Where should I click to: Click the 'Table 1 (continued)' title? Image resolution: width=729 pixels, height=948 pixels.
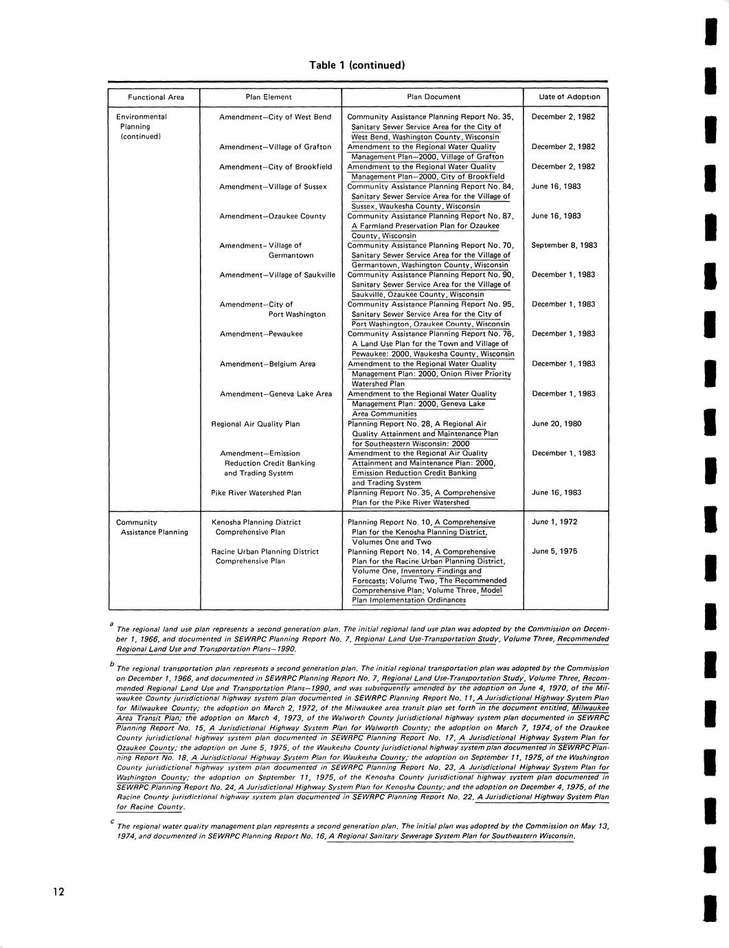(x=357, y=65)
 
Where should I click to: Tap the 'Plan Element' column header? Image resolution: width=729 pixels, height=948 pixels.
(x=269, y=97)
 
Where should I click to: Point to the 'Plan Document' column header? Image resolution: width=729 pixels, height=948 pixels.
(x=434, y=97)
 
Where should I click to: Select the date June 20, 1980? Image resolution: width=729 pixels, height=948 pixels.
(x=557, y=424)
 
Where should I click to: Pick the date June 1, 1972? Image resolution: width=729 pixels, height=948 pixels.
(x=554, y=522)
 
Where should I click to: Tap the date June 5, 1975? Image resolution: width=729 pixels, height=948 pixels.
(x=554, y=552)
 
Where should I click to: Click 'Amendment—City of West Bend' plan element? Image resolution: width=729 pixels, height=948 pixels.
(x=275, y=117)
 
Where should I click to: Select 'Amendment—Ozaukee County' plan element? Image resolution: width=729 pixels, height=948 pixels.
(x=272, y=216)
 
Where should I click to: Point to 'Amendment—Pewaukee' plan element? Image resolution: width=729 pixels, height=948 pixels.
(x=261, y=334)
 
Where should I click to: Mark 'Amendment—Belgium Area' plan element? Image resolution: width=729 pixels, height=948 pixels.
(x=267, y=364)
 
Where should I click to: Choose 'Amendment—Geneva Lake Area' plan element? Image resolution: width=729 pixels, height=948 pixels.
(x=276, y=394)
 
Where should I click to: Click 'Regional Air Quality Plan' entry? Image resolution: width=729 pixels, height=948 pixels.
(x=256, y=425)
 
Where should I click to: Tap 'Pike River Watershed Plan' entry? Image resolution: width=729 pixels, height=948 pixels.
(x=256, y=493)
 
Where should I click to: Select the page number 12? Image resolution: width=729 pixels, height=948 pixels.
(x=58, y=892)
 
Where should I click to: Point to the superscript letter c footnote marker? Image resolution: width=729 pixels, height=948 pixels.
(x=111, y=822)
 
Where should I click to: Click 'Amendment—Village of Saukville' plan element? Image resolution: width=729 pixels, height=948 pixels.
(x=277, y=275)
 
